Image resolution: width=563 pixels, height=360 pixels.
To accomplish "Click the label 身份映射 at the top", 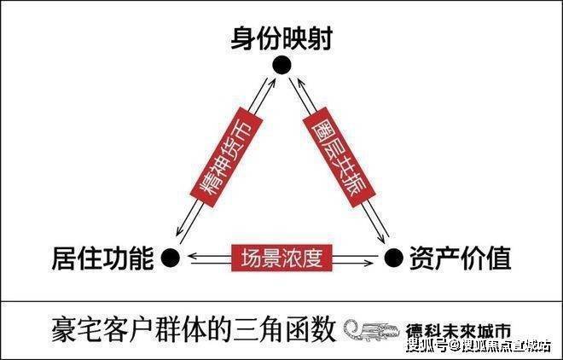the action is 281,38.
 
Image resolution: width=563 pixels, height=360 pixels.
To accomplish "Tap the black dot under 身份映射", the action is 281,66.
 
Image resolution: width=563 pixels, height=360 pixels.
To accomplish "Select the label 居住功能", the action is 103,258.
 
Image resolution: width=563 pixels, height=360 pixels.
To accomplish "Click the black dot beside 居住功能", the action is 171,258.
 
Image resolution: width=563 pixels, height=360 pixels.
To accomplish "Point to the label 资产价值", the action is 460,258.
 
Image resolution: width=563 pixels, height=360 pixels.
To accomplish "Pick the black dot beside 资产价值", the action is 393,258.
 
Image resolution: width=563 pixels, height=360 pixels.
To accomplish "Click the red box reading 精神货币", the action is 226,157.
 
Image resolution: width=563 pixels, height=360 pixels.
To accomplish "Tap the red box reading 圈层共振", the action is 339,157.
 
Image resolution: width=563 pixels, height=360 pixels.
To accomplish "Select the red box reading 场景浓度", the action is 281,258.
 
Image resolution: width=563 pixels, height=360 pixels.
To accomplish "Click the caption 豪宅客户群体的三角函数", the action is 194,329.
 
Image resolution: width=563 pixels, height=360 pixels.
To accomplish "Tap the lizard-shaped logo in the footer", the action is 372,330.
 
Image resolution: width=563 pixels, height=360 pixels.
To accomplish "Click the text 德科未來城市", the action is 459,330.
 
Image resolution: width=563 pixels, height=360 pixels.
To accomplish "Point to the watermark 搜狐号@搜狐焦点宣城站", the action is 479,346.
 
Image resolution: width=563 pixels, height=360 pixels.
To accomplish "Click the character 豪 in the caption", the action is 64,329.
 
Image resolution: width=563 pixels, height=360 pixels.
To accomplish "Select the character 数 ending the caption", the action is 323,329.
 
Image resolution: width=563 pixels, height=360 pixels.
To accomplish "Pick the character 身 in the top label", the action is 243,38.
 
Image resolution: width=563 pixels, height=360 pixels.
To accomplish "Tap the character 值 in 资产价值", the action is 498,258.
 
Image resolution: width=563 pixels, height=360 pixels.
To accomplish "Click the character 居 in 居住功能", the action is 65,258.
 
